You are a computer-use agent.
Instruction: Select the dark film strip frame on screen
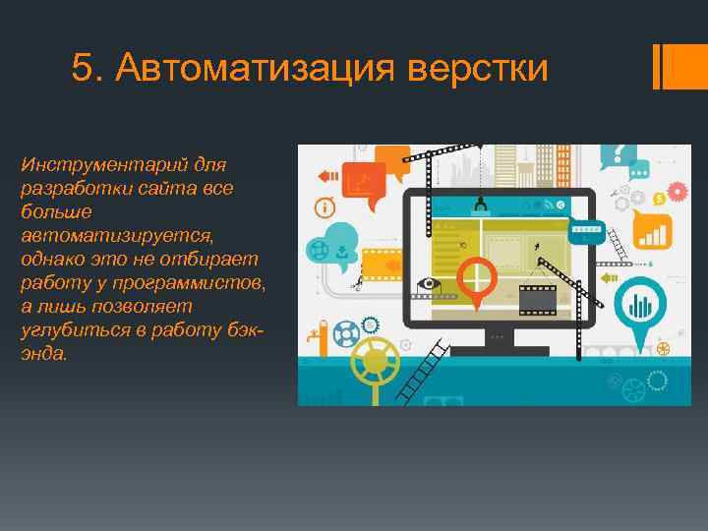coord(536,294)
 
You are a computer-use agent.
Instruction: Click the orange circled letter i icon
coord(322,207)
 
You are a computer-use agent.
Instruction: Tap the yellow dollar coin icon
coord(636,198)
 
